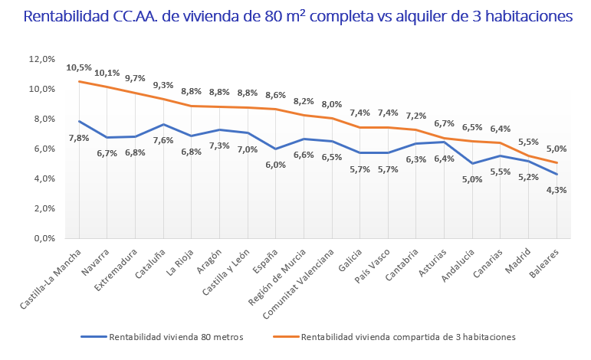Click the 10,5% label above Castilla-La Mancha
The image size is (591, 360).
(x=78, y=67)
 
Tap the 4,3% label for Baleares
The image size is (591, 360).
(x=557, y=191)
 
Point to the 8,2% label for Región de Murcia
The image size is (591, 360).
(x=304, y=101)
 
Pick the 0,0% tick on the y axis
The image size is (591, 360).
(x=42, y=238)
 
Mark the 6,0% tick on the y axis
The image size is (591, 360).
(x=42, y=149)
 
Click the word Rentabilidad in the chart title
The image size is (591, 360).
(x=72, y=16)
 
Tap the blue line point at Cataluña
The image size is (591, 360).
(x=162, y=124)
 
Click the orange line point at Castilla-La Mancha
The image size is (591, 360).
(x=79, y=81)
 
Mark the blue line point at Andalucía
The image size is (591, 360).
(x=474, y=163)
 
